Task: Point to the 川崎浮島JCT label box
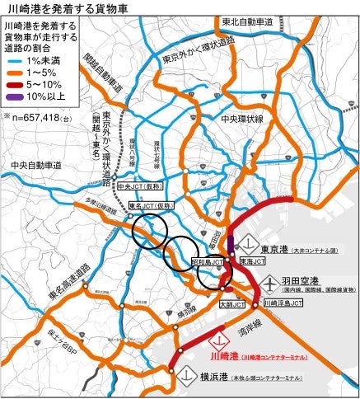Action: click(283, 303)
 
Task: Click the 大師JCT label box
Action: click(231, 304)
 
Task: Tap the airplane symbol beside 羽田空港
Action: click(269, 281)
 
